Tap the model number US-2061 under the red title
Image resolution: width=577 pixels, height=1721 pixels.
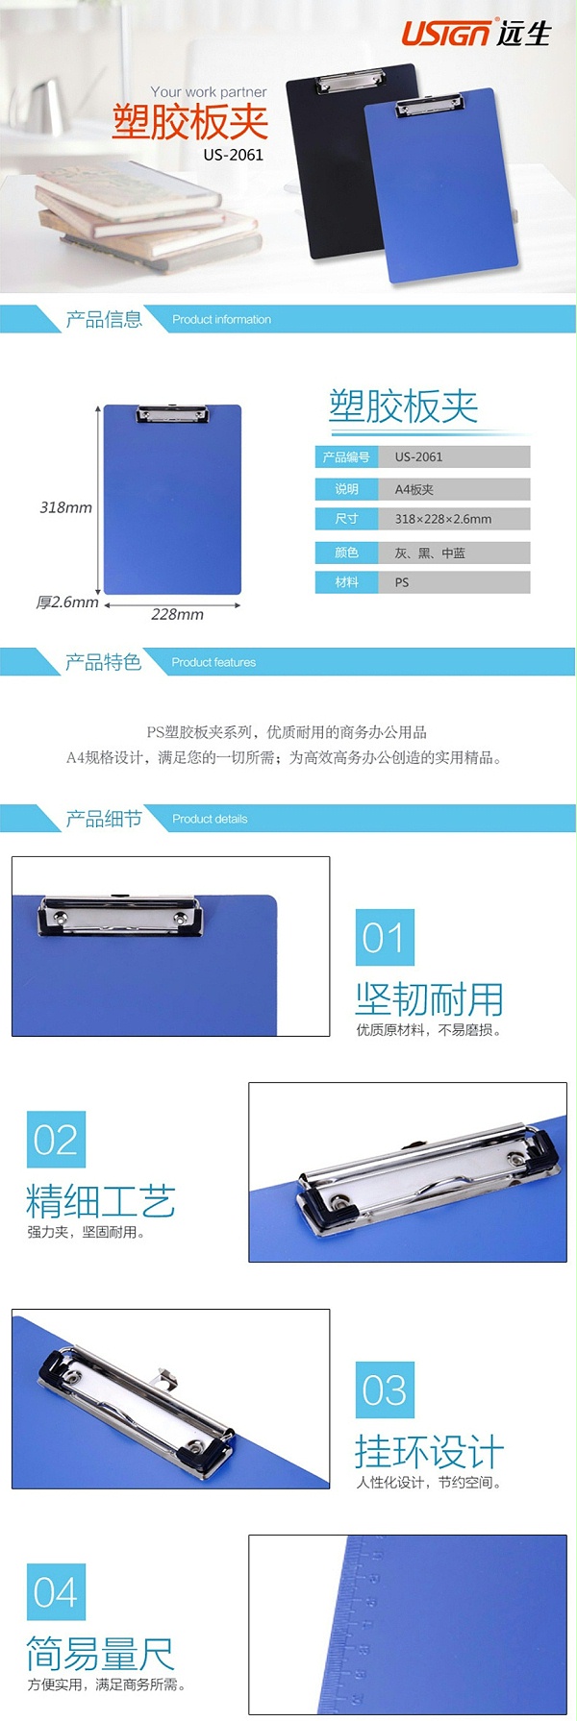[x=233, y=154]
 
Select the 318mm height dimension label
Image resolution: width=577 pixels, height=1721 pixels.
[x=65, y=507]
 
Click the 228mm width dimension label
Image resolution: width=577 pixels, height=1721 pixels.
[x=177, y=614]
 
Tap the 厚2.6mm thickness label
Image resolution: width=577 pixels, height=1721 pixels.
[x=67, y=602]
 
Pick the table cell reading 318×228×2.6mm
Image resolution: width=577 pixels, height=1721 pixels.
[x=443, y=519]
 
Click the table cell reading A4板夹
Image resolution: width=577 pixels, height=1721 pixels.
[x=414, y=489]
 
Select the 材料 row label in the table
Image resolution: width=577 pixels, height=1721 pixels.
[x=346, y=582]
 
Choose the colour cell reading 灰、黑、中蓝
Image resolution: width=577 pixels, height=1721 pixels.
[x=430, y=553]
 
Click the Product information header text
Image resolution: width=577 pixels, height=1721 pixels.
[x=221, y=320]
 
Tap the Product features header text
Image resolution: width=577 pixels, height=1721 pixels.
[x=213, y=662]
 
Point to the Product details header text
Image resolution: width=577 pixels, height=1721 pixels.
[x=210, y=819]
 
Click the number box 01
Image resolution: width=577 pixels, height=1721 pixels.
[x=385, y=937]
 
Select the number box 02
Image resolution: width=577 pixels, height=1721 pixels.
[x=56, y=1139]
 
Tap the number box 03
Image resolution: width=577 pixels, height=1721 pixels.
[x=385, y=1389]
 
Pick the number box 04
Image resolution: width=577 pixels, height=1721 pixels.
[x=56, y=1591]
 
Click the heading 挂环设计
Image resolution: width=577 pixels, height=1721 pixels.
[x=429, y=1451]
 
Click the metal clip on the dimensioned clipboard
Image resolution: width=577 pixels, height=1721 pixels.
[x=172, y=414]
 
